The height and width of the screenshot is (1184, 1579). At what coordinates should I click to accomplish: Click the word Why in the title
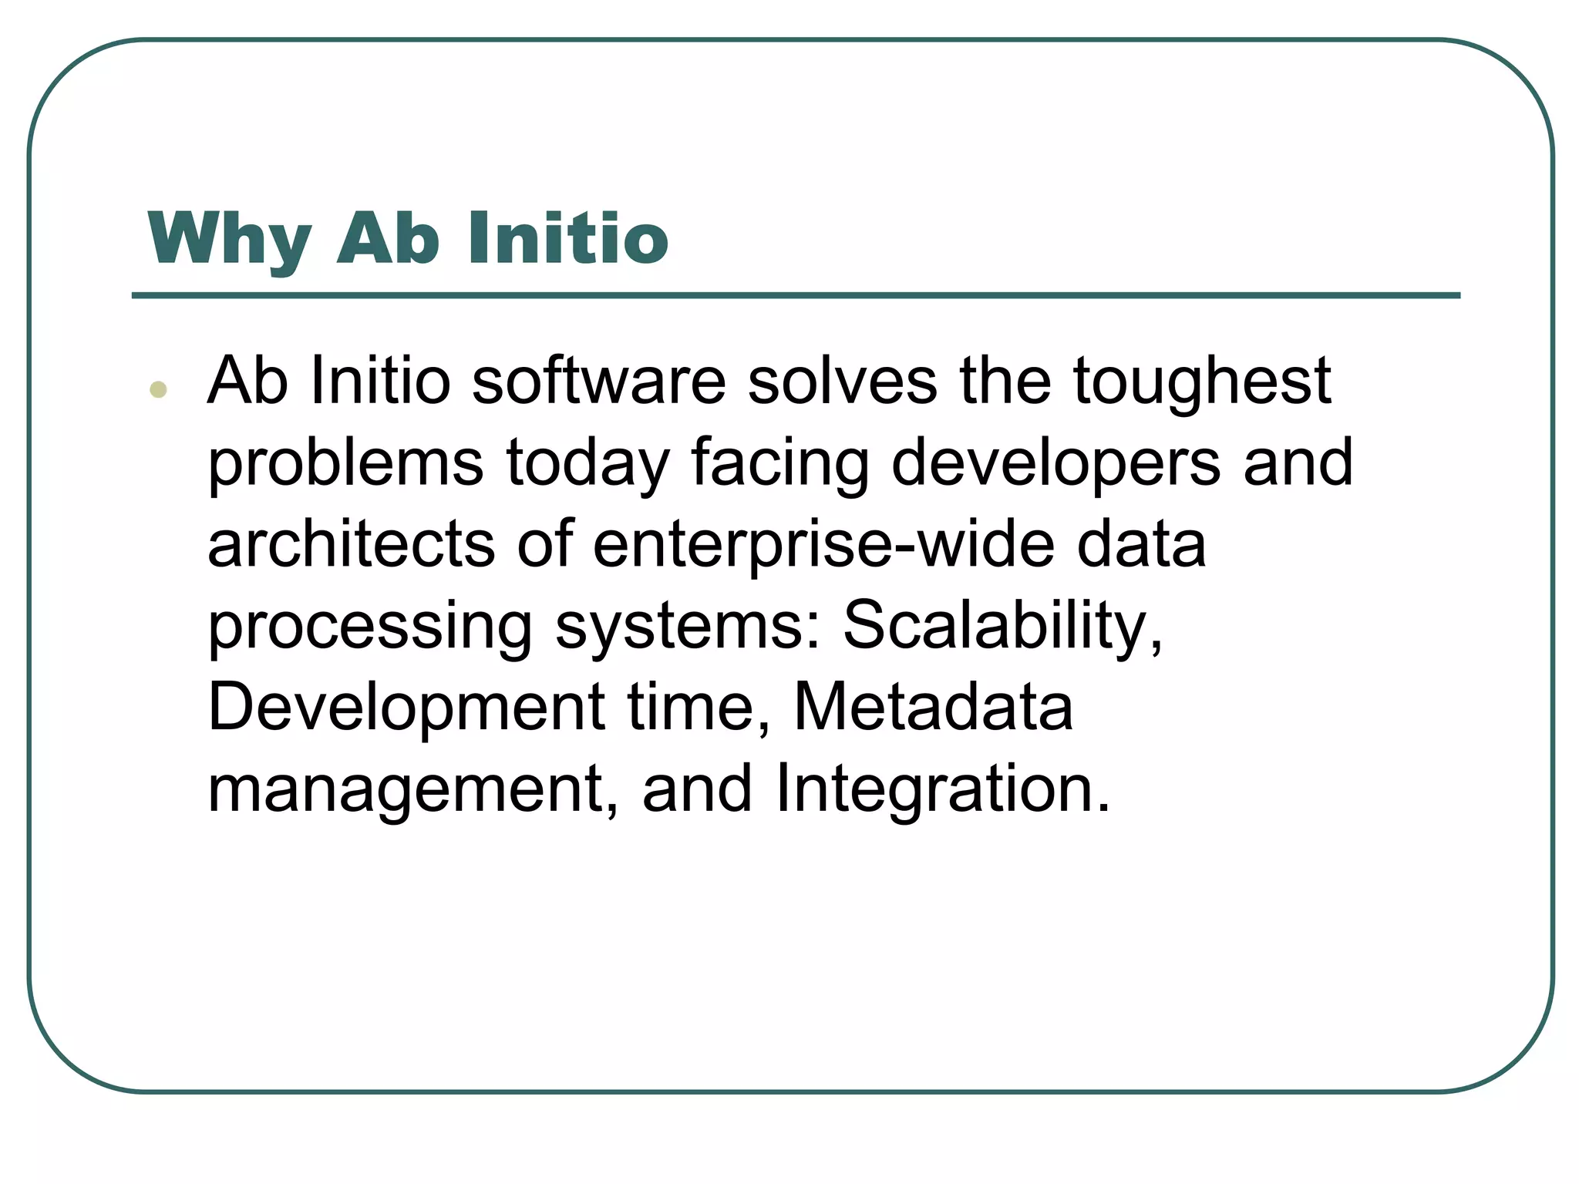click(230, 240)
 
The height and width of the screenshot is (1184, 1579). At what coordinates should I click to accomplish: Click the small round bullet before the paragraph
click(159, 389)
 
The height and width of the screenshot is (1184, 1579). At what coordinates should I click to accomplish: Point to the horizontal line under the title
click(796, 295)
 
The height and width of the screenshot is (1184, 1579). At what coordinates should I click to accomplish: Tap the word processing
click(370, 627)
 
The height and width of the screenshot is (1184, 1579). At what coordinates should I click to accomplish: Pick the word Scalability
click(1002, 627)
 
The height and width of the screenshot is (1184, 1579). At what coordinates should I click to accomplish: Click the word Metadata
click(933, 707)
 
